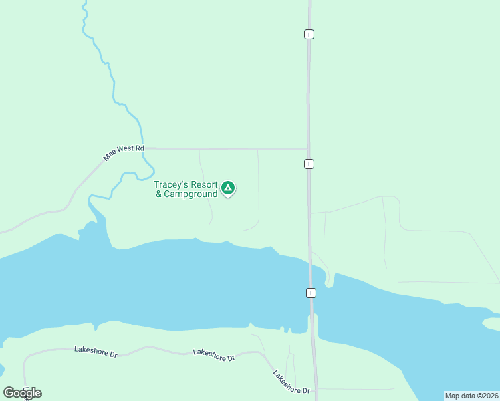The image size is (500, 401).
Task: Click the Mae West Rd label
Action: [x=124, y=152]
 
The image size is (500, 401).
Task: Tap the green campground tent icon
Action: [x=228, y=188]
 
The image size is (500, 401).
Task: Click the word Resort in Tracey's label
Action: [x=204, y=184]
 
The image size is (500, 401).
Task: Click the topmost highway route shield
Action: [x=309, y=34]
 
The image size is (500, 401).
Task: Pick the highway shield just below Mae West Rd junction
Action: [x=309, y=164]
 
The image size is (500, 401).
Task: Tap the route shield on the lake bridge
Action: [x=311, y=293]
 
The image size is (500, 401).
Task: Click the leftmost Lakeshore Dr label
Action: [x=96, y=350]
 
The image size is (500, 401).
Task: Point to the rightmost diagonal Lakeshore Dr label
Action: [x=291, y=382]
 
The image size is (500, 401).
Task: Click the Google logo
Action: [x=23, y=393]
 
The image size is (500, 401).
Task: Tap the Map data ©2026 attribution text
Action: [x=471, y=396]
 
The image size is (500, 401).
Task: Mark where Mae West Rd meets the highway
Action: [x=308, y=149]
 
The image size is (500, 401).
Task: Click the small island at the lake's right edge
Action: [x=491, y=324]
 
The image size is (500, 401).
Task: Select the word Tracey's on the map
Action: [x=171, y=184]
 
